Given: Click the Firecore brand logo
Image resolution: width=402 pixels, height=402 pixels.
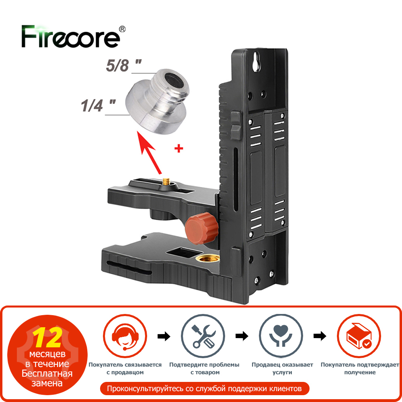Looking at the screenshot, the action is [x=70, y=37].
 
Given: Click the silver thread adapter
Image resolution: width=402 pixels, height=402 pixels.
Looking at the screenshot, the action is [x=158, y=101].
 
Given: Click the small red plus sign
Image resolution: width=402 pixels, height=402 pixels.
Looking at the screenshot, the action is [x=179, y=148].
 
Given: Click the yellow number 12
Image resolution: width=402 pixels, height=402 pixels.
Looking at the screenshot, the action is [x=48, y=338].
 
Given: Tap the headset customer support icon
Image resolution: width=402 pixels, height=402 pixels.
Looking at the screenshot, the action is [x=125, y=336].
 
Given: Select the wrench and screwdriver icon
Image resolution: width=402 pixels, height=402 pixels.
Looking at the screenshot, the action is [x=203, y=336].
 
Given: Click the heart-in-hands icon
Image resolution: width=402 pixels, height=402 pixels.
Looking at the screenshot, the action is [x=281, y=336].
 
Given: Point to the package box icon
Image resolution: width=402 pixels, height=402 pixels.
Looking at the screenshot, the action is [x=359, y=336].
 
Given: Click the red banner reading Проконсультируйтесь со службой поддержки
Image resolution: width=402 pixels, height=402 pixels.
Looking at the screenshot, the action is [x=205, y=389].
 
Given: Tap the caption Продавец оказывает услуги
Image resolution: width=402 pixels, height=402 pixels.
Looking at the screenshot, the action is [x=282, y=368].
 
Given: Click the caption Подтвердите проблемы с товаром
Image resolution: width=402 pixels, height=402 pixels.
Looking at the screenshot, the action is [x=204, y=368].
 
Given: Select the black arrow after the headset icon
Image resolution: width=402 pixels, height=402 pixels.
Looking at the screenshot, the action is [x=164, y=336].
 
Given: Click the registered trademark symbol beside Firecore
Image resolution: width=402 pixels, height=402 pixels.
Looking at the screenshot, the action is [x=123, y=29].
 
